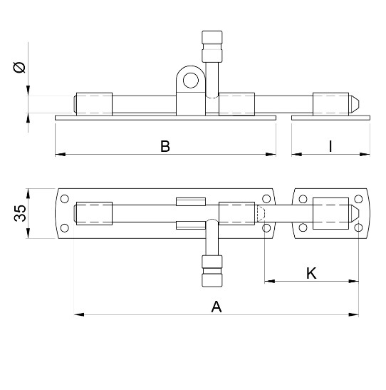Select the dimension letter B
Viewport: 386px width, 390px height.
point(165,146)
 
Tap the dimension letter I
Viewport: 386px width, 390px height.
point(330,146)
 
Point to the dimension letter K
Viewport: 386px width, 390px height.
point(311,273)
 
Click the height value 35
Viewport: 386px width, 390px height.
point(21,213)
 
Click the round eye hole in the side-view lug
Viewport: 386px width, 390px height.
point(189,79)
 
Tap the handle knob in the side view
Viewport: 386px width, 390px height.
point(212,46)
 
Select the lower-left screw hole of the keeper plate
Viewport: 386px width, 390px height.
point(303,228)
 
